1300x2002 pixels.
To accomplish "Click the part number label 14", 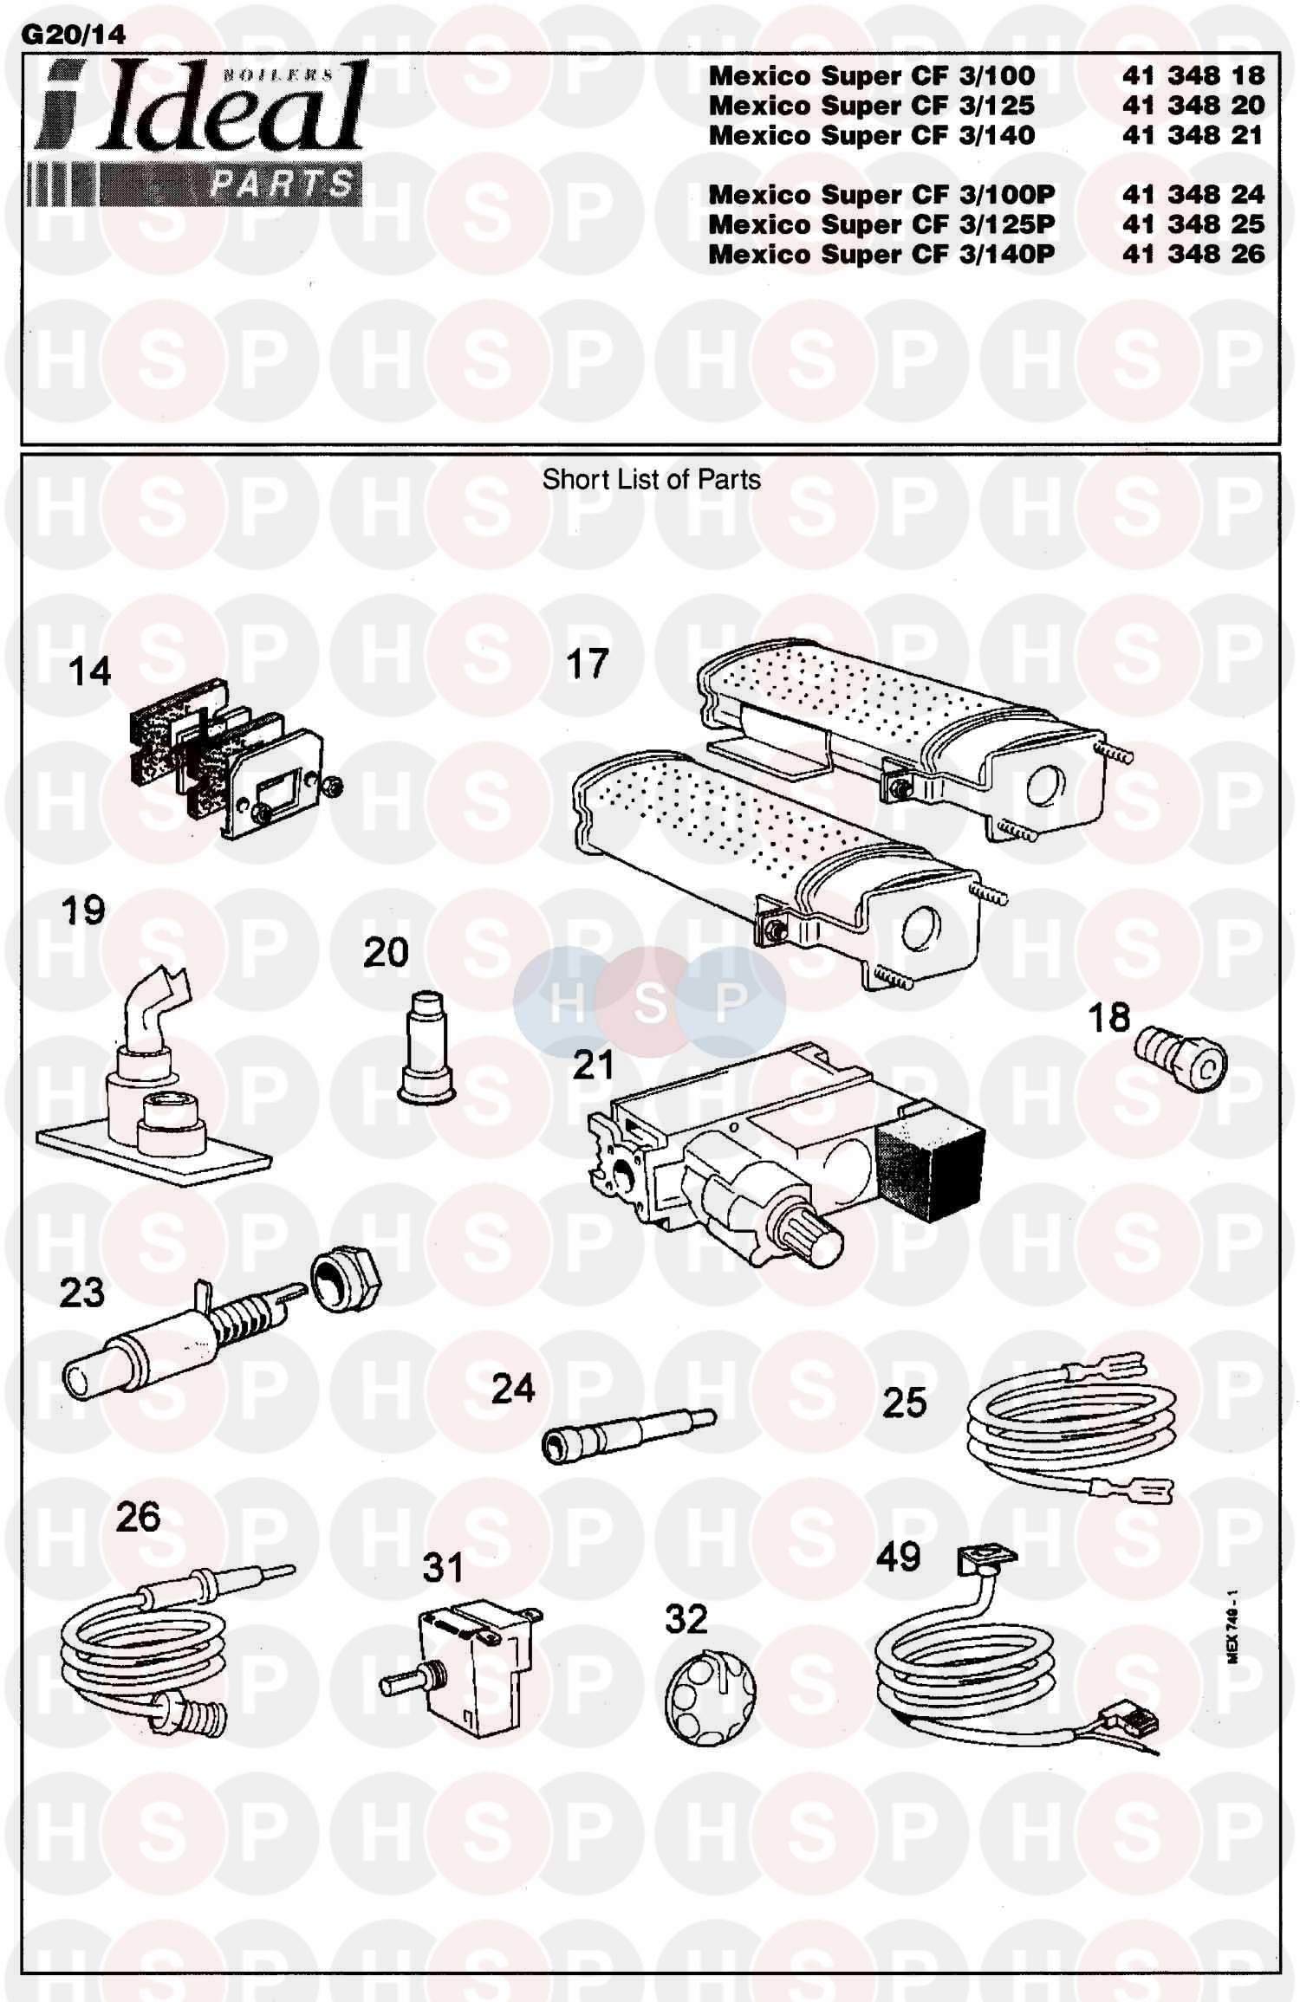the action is pos(89,671).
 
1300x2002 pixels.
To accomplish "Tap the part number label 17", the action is pos(587,664).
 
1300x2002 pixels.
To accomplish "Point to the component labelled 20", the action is pos(426,1047).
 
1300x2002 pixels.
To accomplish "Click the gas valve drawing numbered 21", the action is pos(785,1151).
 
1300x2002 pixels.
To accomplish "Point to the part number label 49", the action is pos(898,1557).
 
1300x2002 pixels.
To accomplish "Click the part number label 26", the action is pos(138,1517).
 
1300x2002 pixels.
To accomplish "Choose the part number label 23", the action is pos(81,1293).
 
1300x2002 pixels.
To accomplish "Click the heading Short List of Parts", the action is pos(651,479).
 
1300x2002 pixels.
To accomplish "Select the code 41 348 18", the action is pos(1193,75).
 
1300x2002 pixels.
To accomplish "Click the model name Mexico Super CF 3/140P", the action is pos(881,254).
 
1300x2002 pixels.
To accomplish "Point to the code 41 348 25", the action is pos(1193,224).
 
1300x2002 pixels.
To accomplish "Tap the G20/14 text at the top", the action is pos(73,35).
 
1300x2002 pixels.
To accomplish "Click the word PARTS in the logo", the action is pos(282,184).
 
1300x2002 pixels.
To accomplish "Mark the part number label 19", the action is pos(83,910).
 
